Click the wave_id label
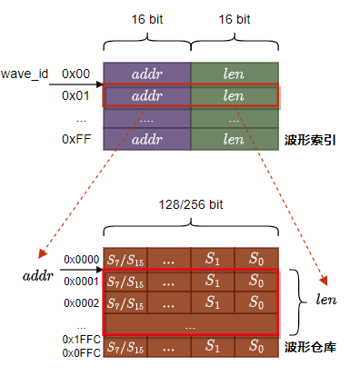click(x=24, y=72)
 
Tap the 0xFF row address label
click(x=74, y=139)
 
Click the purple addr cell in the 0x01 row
click(x=146, y=94)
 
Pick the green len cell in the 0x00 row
click(x=235, y=72)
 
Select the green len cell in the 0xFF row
click(x=235, y=139)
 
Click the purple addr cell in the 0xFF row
click(x=146, y=139)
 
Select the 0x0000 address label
click(x=81, y=259)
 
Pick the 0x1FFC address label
click(x=81, y=338)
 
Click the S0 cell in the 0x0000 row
click(x=256, y=259)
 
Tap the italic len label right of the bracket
click(x=326, y=298)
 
